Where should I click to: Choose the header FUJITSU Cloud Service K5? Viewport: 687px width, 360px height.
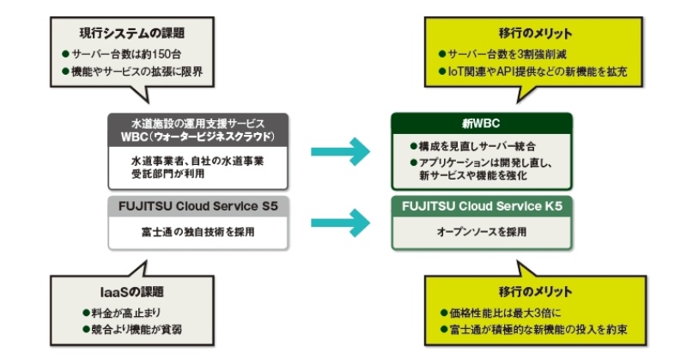(481, 207)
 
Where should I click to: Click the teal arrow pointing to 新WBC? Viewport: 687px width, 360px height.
(340, 153)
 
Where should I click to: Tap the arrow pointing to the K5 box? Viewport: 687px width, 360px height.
(340, 220)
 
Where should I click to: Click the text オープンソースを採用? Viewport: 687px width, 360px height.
(481, 231)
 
